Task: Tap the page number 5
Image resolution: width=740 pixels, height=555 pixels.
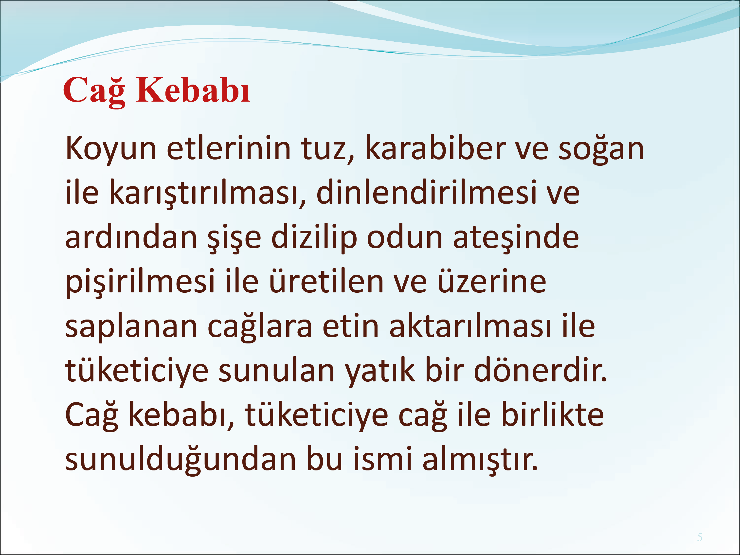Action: pyautogui.click(x=700, y=537)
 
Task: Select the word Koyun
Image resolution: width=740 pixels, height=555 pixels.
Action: pyautogui.click(x=111, y=149)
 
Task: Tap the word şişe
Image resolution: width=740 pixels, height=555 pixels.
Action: pyautogui.click(x=234, y=238)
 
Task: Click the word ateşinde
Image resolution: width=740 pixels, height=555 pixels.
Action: pyautogui.click(x=516, y=238)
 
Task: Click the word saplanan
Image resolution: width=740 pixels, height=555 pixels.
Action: pyautogui.click(x=131, y=327)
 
